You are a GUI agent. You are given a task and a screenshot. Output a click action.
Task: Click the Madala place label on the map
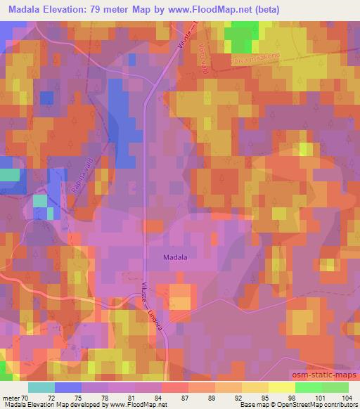coord(175,257)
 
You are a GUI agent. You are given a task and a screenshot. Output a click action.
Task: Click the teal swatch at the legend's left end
coord(41,387)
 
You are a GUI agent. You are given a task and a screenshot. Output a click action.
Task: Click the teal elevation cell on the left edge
coord(9,175)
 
